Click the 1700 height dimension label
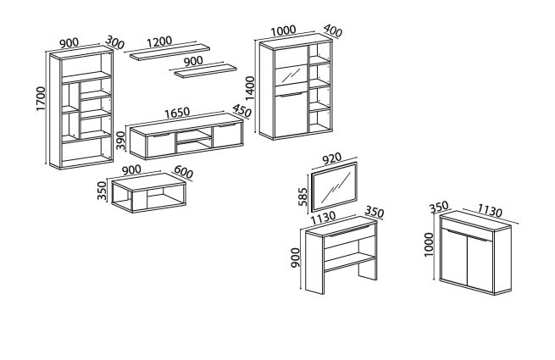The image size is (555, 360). tap(41, 99)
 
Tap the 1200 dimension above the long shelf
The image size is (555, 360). tap(159, 42)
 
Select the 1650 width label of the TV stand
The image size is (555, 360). tap(177, 113)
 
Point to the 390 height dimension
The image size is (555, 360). tap(120, 141)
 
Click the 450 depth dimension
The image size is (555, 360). tap(241, 111)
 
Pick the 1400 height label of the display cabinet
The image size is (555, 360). tap(250, 88)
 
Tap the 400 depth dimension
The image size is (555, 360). tap(333, 30)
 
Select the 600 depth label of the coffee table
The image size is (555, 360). tap(183, 173)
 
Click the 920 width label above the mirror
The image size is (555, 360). tap(331, 158)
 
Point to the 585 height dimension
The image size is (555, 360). tap(303, 197)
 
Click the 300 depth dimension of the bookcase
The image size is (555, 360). tap(114, 42)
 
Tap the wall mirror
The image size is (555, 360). tap(335, 187)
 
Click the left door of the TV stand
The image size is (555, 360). tap(160, 145)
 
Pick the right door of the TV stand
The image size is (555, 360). tap(227, 136)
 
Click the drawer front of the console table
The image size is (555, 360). tap(350, 235)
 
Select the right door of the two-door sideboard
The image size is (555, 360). tap(480, 264)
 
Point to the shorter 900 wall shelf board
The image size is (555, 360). tap(206, 70)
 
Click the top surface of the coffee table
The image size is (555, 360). tap(148, 182)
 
